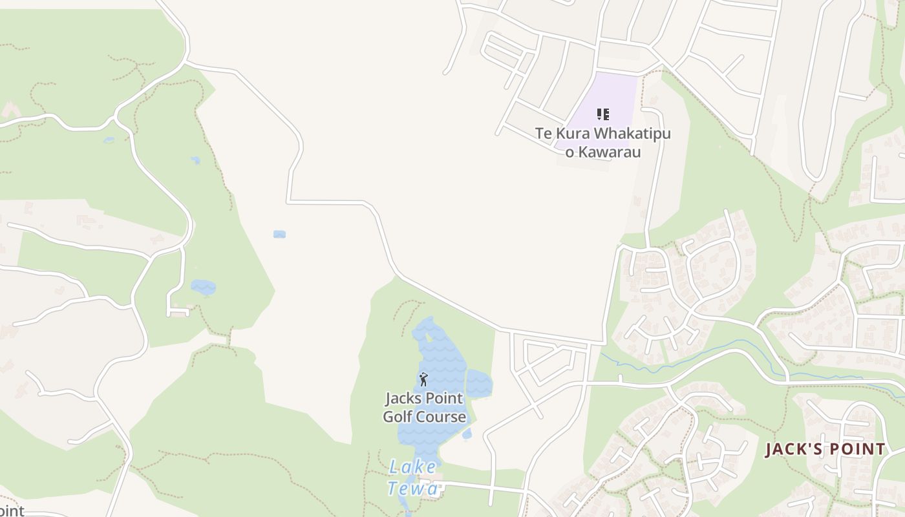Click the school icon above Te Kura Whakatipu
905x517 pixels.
[x=602, y=115]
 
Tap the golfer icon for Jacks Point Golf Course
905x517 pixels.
[x=423, y=379]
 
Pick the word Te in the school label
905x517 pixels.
[x=542, y=134]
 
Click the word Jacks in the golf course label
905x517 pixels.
[x=403, y=397]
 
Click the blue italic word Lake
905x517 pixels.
[x=412, y=467]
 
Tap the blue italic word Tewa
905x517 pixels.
[x=412, y=489]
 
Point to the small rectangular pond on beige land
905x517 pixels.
[x=279, y=234]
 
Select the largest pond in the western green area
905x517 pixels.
[x=203, y=287]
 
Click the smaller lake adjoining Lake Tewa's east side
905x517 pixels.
[x=479, y=383]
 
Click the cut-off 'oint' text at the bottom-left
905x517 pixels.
[x=12, y=511]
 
